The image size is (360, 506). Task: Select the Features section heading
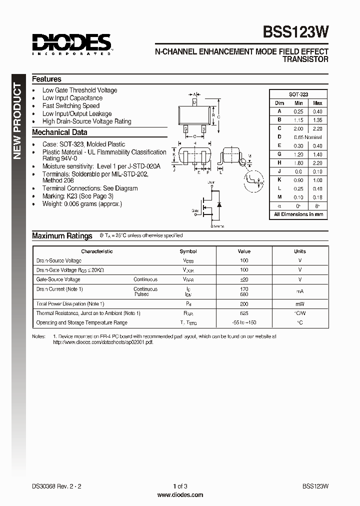[x=47, y=79]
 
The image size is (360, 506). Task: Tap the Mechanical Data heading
[x=59, y=132]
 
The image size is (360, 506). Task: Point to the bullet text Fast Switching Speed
[x=71, y=106]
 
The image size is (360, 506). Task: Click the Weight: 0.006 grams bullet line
[x=82, y=204]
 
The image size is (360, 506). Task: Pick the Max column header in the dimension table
[x=317, y=103]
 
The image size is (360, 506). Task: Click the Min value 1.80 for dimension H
[x=298, y=163]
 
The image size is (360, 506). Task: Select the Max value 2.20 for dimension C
[x=317, y=128]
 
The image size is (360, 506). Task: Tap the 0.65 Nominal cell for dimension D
[x=307, y=137]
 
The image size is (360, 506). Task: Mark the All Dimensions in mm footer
[x=298, y=214]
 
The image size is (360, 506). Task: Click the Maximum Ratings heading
[x=62, y=236]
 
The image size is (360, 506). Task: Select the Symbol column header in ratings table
[x=188, y=251]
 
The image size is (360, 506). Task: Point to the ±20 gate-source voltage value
[x=244, y=279]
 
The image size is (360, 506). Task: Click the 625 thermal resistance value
[x=244, y=313]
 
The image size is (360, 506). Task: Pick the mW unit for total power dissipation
[x=300, y=303]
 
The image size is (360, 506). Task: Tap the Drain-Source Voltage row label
[x=59, y=260]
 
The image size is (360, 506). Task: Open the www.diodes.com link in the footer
[x=180, y=495]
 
